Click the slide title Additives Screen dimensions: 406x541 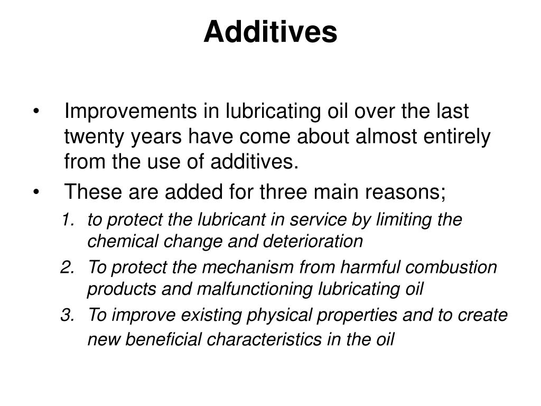270,32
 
